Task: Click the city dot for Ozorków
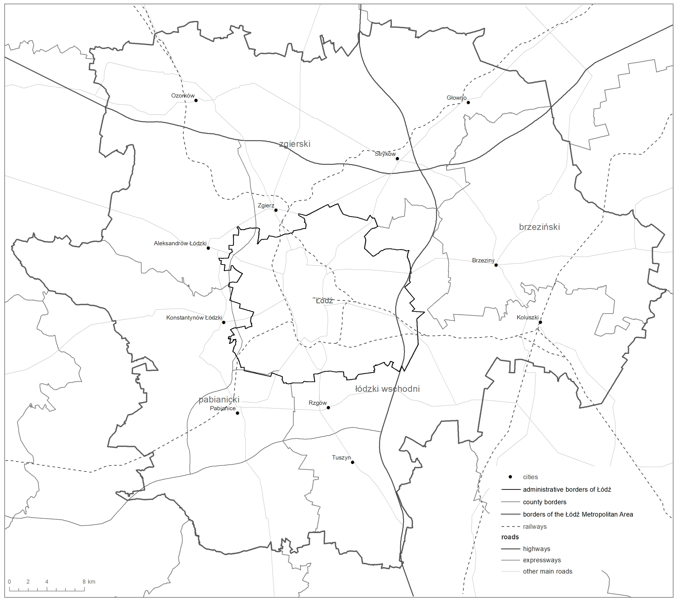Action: point(196,100)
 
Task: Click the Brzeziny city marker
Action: point(496,265)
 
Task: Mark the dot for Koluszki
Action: point(540,322)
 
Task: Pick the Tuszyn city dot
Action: point(353,462)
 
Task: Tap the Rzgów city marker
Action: point(328,407)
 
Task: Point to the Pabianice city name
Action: point(223,408)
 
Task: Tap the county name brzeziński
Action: point(539,227)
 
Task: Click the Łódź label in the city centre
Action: point(324,301)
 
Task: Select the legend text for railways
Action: point(535,526)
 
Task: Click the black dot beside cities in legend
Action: point(511,477)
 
